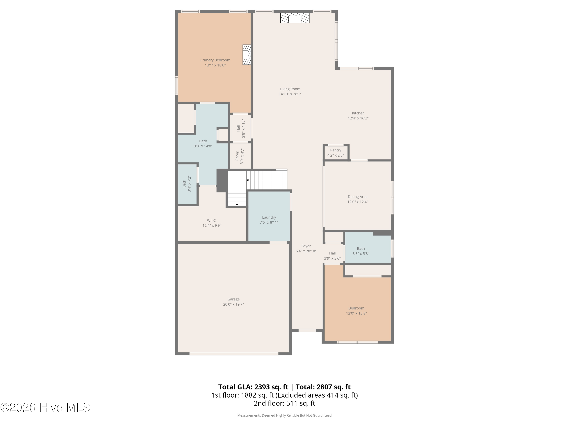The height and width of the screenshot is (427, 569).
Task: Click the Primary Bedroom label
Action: pos(215,60)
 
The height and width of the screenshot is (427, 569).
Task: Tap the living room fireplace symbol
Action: pos(295,18)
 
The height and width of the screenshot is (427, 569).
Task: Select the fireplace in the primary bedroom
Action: pos(246,55)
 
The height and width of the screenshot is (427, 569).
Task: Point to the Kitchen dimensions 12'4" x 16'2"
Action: pos(358,118)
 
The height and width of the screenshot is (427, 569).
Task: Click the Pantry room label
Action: pos(336,150)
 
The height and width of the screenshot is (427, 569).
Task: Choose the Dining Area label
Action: pos(358,197)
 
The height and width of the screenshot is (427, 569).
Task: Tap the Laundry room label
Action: pos(269,217)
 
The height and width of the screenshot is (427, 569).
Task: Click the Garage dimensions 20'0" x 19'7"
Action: pos(233,304)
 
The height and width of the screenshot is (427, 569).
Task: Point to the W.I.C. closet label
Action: pos(212,220)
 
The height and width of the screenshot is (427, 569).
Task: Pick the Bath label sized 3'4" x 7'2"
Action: pos(184,184)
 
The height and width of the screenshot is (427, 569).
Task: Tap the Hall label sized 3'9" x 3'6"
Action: pos(332,253)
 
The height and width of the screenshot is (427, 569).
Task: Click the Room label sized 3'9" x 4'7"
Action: pos(237,156)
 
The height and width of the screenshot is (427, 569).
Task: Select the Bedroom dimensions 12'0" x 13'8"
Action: pos(356,313)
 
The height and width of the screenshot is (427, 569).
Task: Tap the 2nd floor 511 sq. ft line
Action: pos(284,403)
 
